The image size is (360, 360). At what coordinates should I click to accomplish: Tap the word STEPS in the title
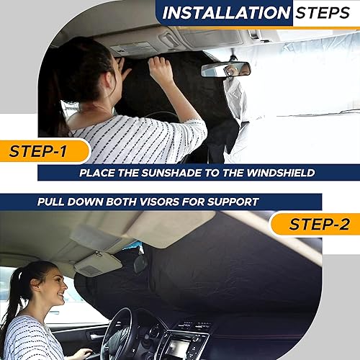click(x=319, y=13)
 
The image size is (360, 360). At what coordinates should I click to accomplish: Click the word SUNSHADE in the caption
click(x=161, y=173)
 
